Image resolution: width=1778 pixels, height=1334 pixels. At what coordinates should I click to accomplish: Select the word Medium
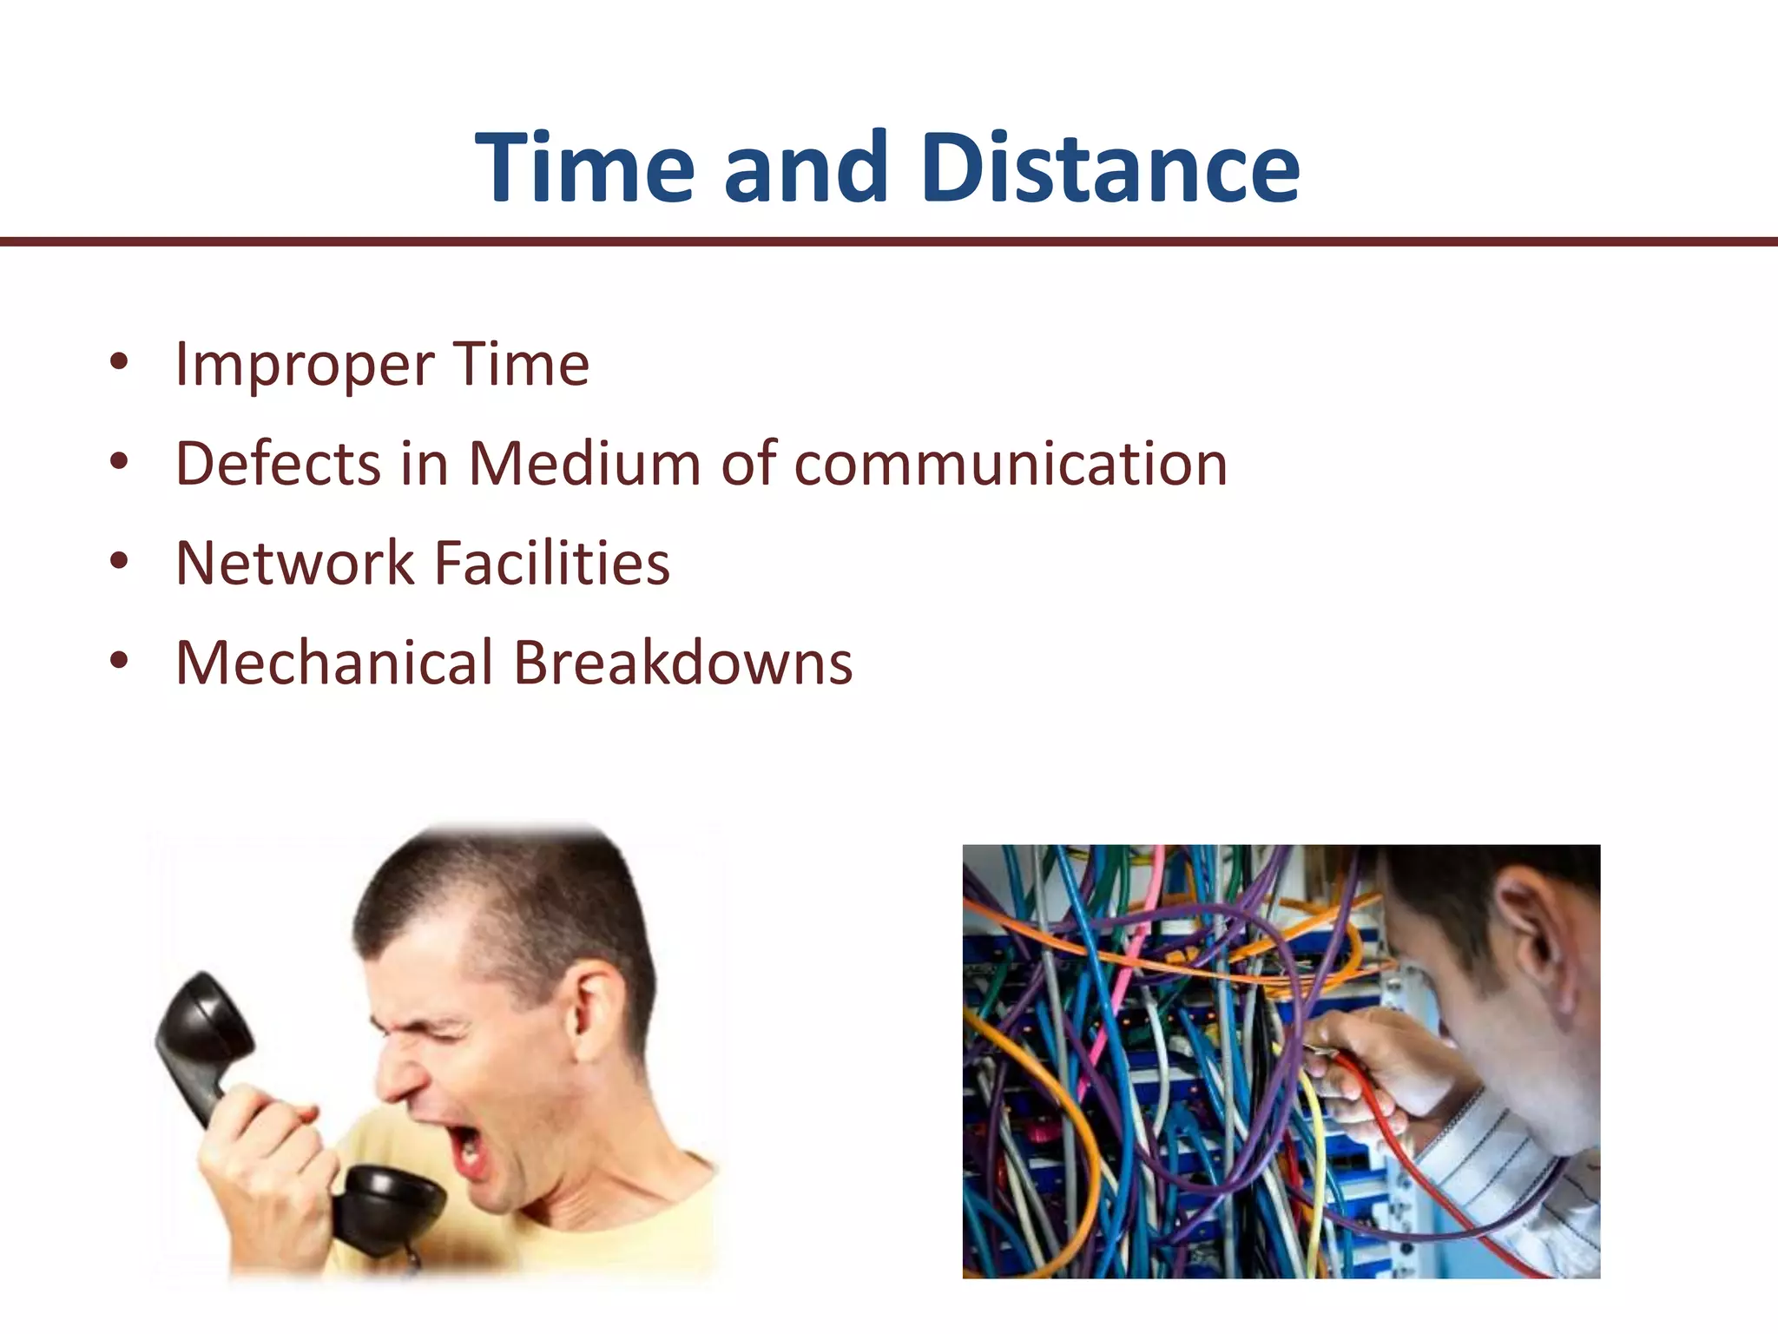click(584, 464)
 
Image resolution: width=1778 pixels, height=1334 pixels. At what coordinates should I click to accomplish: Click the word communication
click(1011, 464)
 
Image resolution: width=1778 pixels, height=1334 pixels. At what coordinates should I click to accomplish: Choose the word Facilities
click(551, 564)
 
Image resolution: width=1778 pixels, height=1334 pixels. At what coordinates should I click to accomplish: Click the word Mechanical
click(334, 664)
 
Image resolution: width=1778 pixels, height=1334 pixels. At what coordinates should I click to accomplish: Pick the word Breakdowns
click(683, 664)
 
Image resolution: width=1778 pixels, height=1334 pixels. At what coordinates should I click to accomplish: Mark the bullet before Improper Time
click(119, 362)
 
